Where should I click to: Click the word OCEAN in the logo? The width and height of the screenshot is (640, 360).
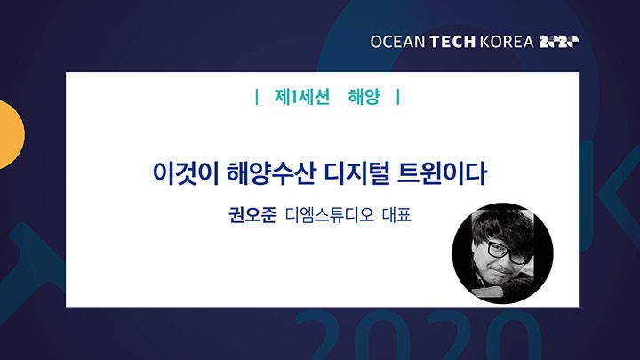click(397, 42)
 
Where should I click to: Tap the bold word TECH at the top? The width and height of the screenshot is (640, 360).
click(452, 42)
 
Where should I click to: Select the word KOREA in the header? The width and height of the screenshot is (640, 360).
click(507, 42)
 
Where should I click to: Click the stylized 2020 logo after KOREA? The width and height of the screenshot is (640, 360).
click(559, 42)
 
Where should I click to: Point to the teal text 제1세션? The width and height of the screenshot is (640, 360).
click(301, 97)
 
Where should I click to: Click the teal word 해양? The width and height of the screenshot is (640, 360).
click(364, 97)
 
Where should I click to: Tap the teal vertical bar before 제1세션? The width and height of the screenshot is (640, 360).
click(256, 97)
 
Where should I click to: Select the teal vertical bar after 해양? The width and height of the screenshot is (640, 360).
click(398, 97)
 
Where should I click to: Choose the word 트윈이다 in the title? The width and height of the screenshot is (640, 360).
click(442, 173)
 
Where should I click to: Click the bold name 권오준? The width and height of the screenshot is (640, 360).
click(252, 215)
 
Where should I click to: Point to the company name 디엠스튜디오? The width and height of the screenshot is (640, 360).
click(330, 215)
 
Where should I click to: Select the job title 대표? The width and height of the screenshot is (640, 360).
click(396, 215)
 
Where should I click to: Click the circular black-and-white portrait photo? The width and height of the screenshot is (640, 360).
click(503, 253)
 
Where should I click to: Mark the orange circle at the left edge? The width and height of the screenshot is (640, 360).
click(9, 135)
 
